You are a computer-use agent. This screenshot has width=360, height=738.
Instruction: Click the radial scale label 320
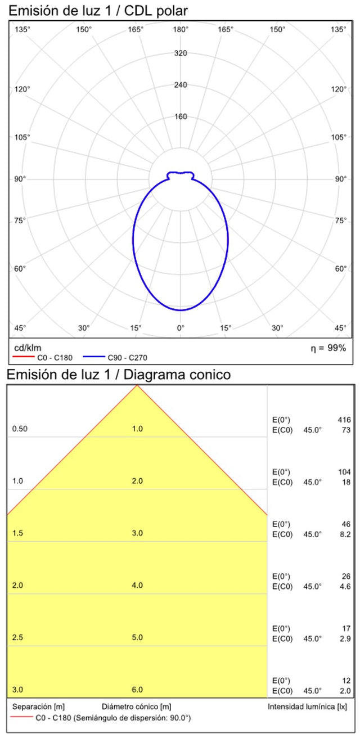coord(181,53)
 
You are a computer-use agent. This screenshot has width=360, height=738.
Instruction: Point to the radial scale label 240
coord(181,85)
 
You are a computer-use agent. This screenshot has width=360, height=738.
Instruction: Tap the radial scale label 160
coord(181,117)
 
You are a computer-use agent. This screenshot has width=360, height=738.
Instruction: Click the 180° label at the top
coord(181,29)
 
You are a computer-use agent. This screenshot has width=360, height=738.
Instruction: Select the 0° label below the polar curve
coord(181,327)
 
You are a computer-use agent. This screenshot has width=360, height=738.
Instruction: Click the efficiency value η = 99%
coord(328,348)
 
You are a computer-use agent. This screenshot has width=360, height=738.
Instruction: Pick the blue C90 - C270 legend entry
coord(115,357)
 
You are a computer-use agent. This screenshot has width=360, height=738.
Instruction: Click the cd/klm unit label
coord(27,348)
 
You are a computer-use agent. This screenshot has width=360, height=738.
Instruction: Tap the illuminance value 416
coord(344,420)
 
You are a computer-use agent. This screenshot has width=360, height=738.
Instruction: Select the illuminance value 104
coord(344,472)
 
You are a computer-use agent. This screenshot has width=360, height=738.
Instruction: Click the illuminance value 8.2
coord(345,534)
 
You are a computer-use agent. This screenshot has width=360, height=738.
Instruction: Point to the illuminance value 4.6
coord(345,586)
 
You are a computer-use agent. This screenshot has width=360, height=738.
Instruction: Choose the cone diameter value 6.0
coord(137,690)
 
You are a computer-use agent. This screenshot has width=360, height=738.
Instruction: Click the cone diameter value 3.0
coord(137,533)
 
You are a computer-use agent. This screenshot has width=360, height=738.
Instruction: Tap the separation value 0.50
coord(19,429)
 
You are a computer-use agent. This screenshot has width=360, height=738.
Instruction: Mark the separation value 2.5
coord(17,638)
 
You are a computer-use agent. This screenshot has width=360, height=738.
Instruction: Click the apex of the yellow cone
coord(137,386)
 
